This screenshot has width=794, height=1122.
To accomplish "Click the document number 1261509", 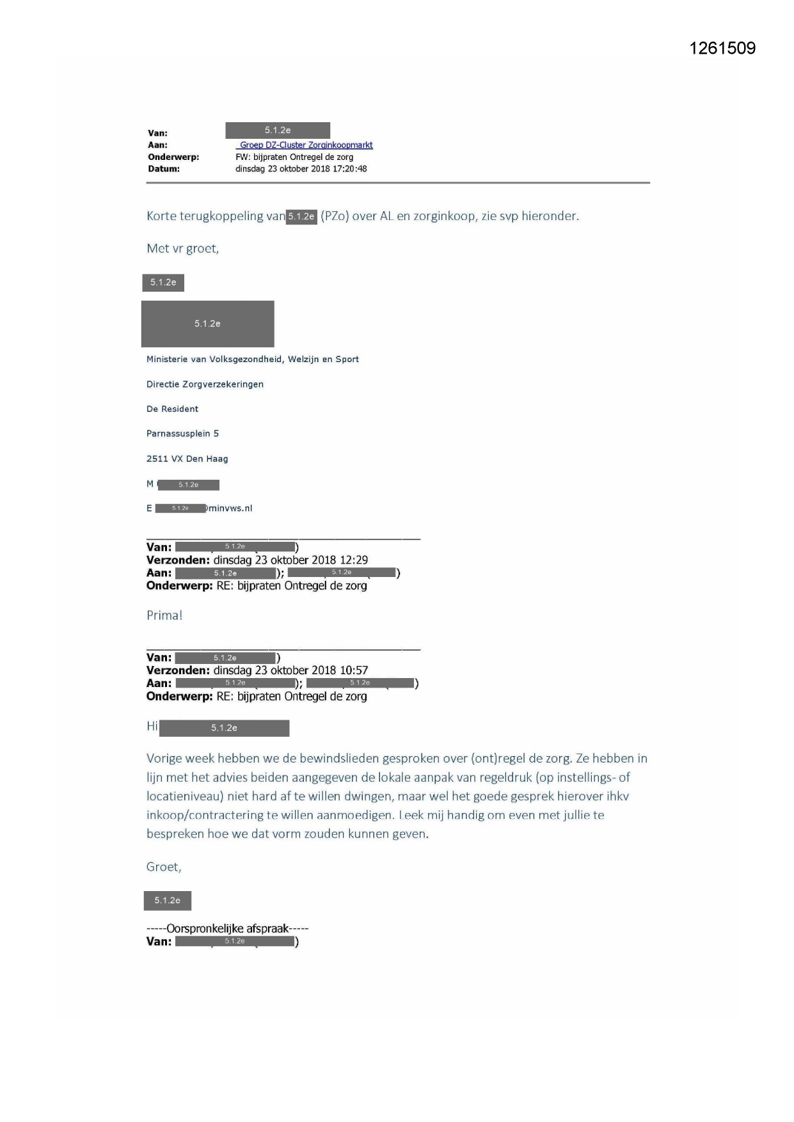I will (722, 49).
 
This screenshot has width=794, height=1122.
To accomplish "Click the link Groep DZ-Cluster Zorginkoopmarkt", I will (306, 145).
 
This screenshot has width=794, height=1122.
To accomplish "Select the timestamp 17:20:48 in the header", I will (349, 169).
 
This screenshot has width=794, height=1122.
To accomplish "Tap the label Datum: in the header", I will (164, 169).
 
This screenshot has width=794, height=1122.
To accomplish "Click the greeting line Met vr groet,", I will (183, 248).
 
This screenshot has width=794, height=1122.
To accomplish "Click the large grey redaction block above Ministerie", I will (207, 324).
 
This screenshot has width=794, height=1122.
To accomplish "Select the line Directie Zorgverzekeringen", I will (205, 384).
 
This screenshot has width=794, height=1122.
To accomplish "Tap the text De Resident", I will (172, 409).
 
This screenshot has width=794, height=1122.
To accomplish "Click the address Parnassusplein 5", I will (182, 434).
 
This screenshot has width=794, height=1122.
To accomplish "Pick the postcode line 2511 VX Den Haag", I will (187, 459).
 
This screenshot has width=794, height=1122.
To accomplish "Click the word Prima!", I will (164, 615).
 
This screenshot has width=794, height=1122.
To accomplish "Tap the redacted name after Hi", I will (224, 728).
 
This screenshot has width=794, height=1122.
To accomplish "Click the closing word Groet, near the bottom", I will (164, 867).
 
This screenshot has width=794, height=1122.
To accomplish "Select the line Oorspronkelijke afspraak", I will (227, 928).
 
